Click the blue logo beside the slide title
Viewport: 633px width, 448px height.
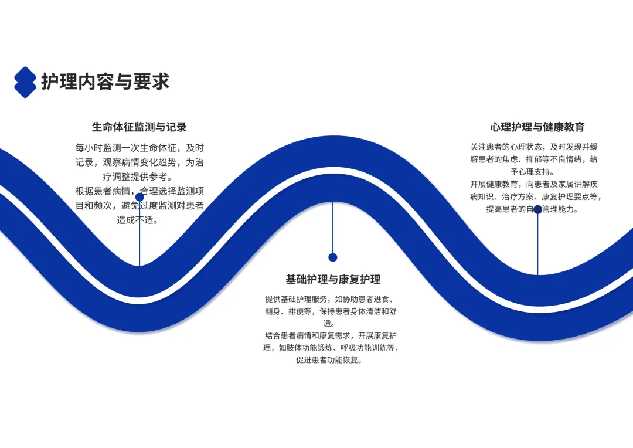coord(25,82)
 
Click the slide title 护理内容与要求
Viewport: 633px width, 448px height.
coord(105,82)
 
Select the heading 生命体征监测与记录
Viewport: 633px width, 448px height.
coord(139,127)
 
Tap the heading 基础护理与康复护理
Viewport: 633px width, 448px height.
coord(333,279)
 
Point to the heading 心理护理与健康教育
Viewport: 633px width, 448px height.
coord(537,127)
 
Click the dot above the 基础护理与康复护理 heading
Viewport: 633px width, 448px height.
coord(333,257)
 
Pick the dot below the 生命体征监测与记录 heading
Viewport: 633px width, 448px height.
coord(139,198)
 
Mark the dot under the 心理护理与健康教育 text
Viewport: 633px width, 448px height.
coord(537,209)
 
